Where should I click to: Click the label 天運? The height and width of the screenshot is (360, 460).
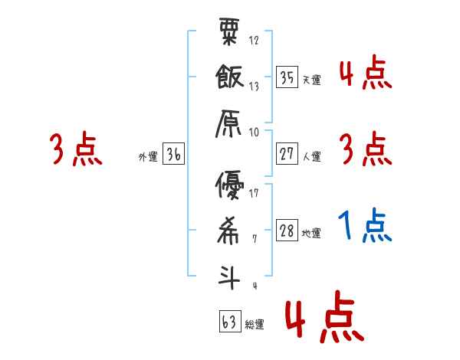[311, 80]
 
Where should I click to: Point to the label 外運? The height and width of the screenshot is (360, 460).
[148, 157]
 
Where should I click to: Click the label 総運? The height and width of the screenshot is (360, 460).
[255, 324]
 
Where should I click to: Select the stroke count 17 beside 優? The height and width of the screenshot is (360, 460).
[254, 193]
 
